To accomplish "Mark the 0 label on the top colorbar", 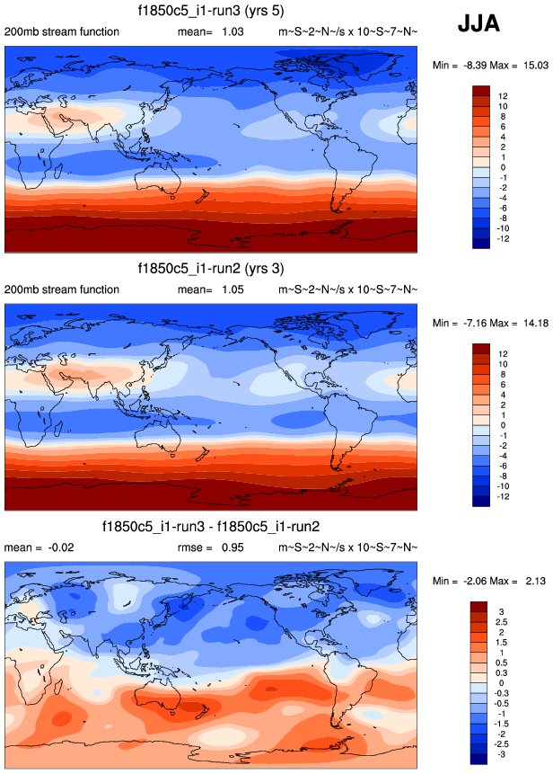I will click(500, 168).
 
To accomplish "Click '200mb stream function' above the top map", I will click(61, 32).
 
